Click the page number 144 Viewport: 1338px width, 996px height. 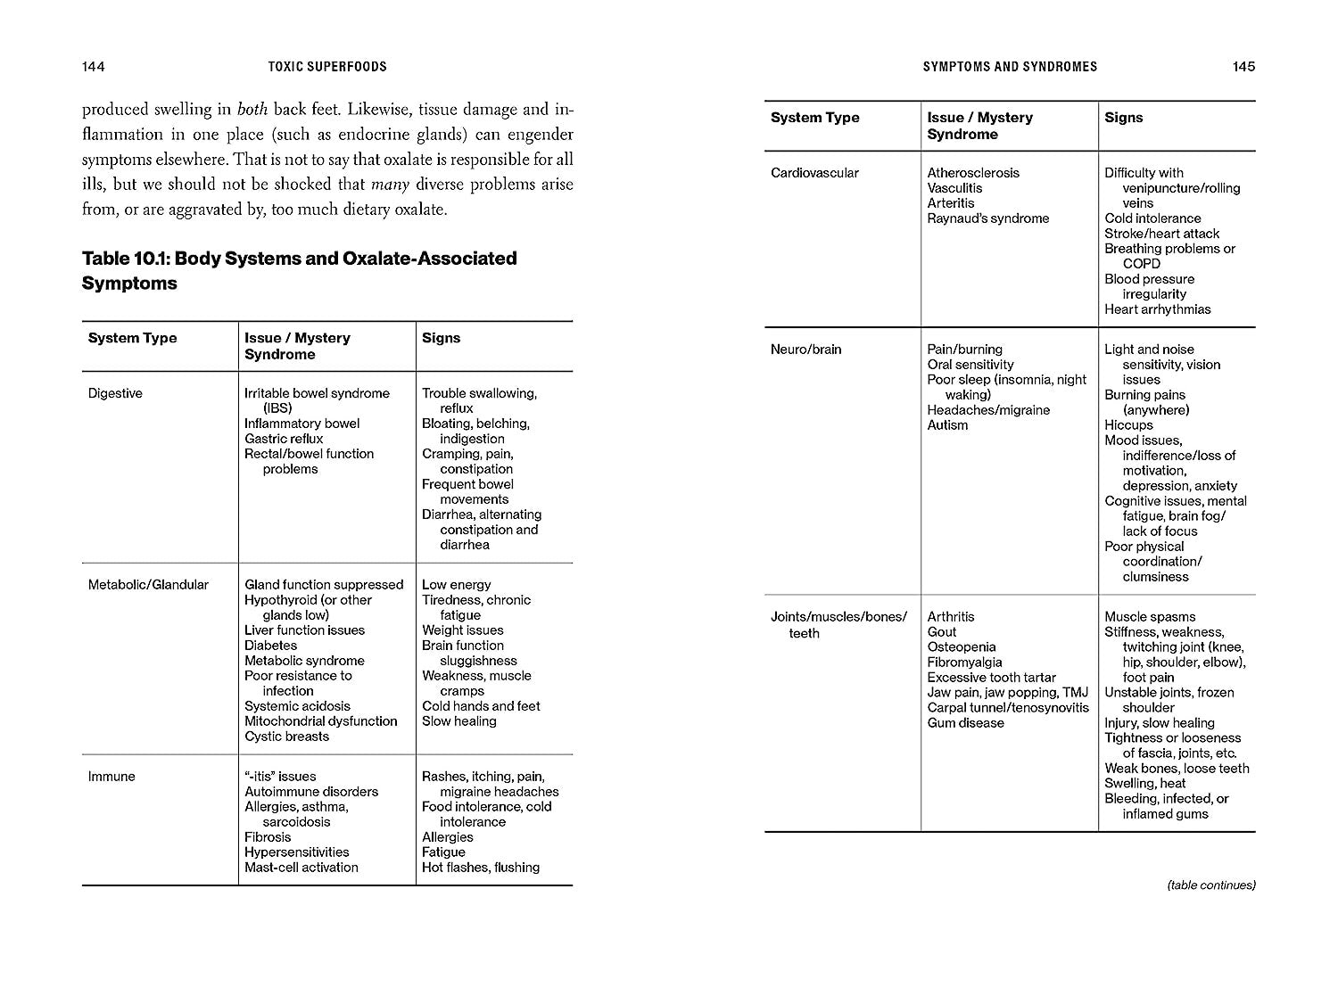(94, 67)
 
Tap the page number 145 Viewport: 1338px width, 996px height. (1243, 67)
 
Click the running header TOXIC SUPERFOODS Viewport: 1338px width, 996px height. (327, 67)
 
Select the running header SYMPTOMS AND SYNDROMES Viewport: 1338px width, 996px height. (1010, 67)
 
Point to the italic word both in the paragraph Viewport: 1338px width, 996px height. (252, 111)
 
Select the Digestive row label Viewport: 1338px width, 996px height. (115, 393)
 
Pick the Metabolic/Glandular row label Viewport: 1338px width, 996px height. (148, 585)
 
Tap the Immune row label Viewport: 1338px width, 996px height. (111, 777)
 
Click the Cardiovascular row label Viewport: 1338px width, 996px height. (814, 173)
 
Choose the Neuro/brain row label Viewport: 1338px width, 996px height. (805, 350)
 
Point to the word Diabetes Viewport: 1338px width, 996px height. (271, 646)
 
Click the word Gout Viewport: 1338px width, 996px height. (942, 632)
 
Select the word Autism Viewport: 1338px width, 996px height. (947, 425)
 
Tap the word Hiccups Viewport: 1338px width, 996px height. (1128, 425)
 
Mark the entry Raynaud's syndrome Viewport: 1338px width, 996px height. (988, 218)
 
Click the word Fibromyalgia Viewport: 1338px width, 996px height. (965, 663)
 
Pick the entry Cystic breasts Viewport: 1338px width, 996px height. (287, 737)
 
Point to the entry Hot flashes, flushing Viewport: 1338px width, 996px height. (481, 868)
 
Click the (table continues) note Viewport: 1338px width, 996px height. (1211, 885)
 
